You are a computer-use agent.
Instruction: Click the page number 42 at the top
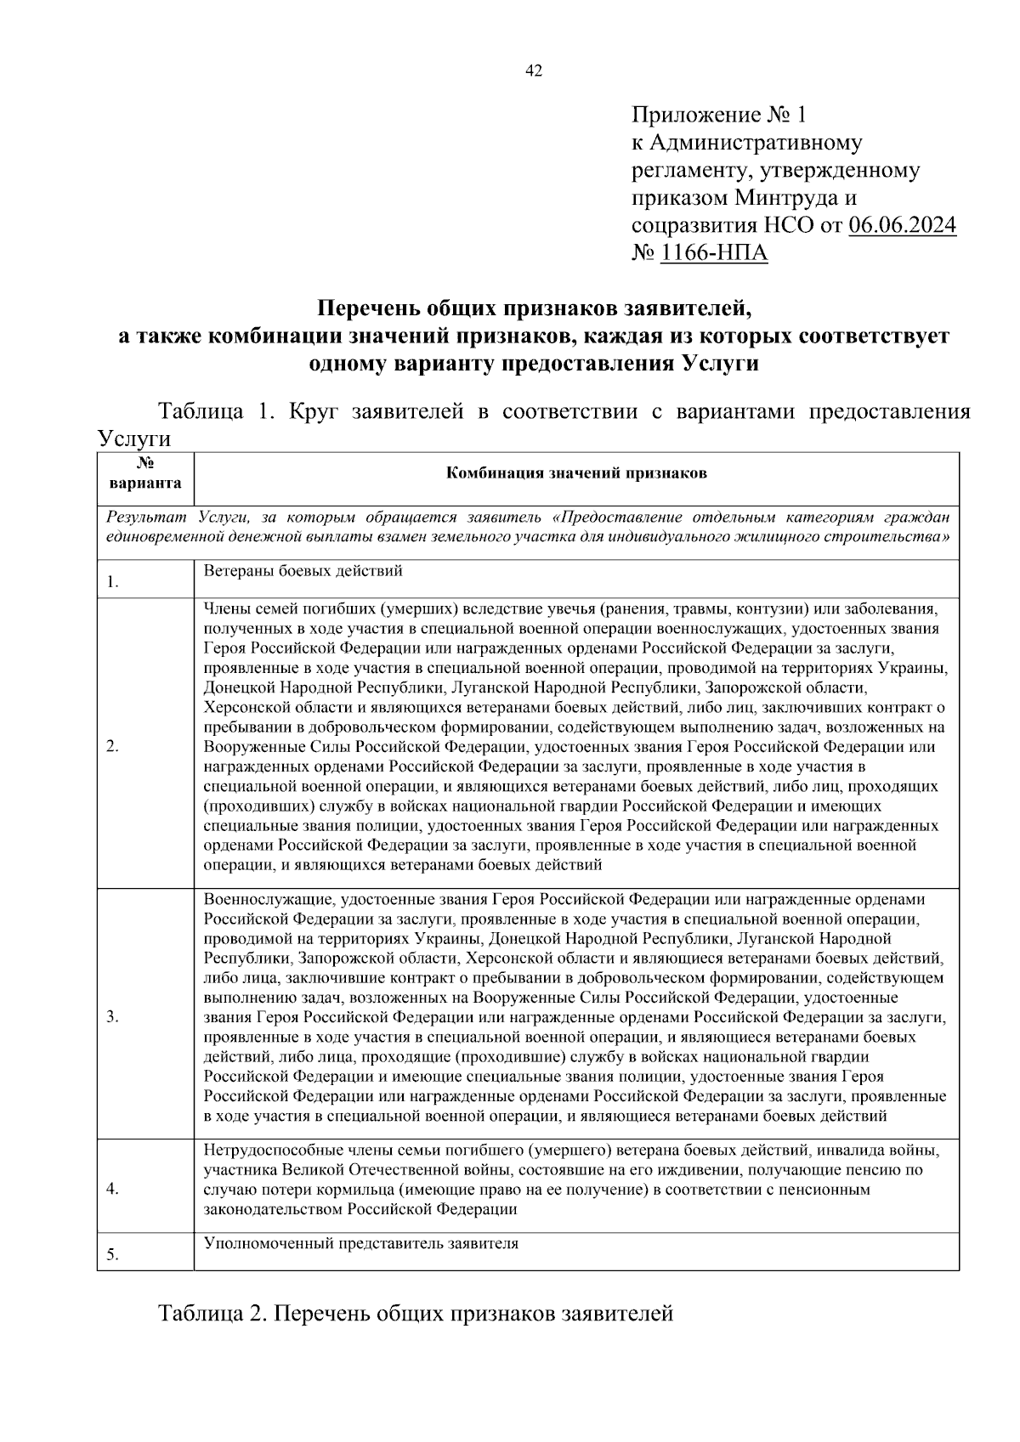534,71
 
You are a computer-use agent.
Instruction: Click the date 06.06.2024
902,225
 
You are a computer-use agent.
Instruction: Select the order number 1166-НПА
714,253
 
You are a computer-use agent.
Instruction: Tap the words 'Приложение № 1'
722,114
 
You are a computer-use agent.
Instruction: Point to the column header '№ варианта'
145,474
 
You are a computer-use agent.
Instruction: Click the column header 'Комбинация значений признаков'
576,474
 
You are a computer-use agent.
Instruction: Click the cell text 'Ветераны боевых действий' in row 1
303,571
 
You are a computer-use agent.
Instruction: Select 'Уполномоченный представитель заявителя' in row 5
361,1243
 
